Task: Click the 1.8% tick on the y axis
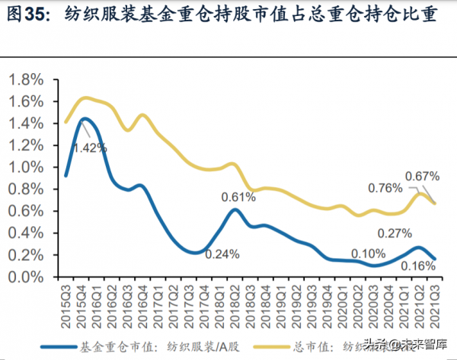click(x=27, y=80)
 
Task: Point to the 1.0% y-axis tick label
click(x=27, y=167)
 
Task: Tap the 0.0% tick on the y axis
click(x=27, y=278)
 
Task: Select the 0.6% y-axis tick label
click(x=27, y=212)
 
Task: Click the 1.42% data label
click(x=91, y=148)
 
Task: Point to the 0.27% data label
click(x=394, y=233)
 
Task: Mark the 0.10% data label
click(x=368, y=254)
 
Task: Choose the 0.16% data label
click(x=418, y=266)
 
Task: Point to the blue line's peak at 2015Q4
click(x=84, y=119)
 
